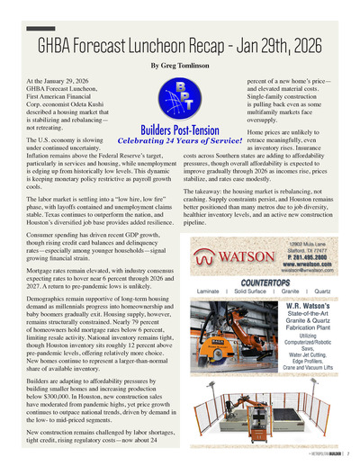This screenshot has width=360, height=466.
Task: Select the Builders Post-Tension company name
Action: pos(181,130)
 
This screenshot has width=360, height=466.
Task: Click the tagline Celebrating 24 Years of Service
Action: pos(181,140)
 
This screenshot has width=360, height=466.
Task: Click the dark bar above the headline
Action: pos(40,29)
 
